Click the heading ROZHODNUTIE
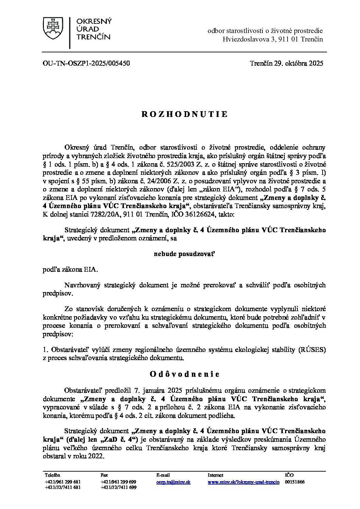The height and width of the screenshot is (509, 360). (184, 114)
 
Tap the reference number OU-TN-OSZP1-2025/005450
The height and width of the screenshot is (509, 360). (86, 63)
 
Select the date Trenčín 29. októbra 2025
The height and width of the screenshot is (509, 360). (286, 63)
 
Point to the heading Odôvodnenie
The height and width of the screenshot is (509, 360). (184, 374)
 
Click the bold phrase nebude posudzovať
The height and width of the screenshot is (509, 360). (184, 254)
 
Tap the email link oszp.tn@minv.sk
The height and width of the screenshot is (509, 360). (173, 482)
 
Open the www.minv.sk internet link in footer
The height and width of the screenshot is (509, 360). (243, 482)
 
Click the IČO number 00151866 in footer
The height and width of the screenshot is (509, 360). (295, 482)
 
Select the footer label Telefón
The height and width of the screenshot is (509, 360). (52, 475)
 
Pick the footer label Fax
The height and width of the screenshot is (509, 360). (104, 475)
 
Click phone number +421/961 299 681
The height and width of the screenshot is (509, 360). (63, 482)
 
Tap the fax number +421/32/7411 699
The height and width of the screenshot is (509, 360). (118, 487)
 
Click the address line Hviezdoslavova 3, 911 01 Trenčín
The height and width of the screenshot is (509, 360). (273, 39)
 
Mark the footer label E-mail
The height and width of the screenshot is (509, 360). (163, 475)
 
